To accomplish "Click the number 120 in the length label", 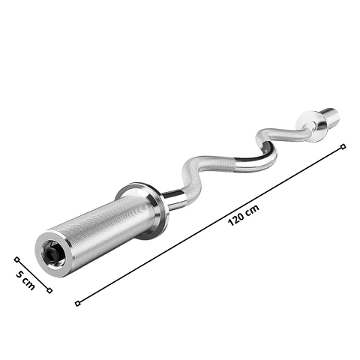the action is click(235, 218).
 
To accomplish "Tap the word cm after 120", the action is click(252, 209).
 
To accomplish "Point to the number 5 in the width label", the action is click(19, 274).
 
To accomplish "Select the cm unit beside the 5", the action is click(28, 283).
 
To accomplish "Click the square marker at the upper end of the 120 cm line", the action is click(343, 146).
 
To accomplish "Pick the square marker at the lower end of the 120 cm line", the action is click(78, 304).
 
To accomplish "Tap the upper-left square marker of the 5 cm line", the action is click(16, 259).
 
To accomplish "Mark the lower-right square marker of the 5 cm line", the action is click(49, 290).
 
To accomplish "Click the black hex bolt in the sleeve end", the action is click(51, 254).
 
